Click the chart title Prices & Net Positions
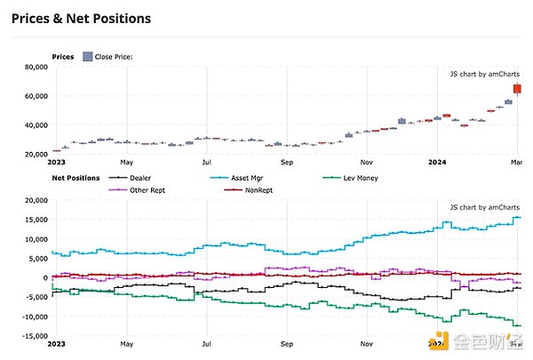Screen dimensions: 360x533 [81, 18]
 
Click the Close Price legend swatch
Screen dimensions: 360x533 [87, 56]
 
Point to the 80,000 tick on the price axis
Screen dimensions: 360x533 [33, 68]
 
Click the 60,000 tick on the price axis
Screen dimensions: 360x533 [33, 96]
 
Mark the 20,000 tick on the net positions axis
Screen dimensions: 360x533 [33, 201]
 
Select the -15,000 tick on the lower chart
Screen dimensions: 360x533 [31, 335]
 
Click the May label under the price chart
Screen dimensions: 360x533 [127, 163]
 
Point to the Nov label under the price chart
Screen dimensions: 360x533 [365, 163]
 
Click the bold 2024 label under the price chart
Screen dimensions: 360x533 [437, 163]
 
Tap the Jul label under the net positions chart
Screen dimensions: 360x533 [206, 343]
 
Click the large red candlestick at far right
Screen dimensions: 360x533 [517, 89]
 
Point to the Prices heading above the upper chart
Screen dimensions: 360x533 [63, 56]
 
